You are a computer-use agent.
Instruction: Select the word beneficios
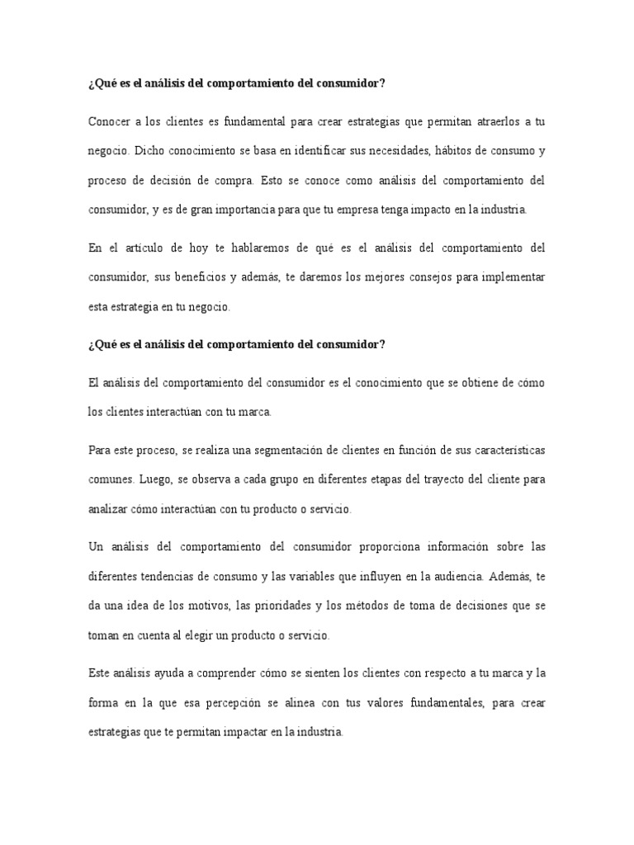pos(201,277)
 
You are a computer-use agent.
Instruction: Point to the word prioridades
pos(272,606)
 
